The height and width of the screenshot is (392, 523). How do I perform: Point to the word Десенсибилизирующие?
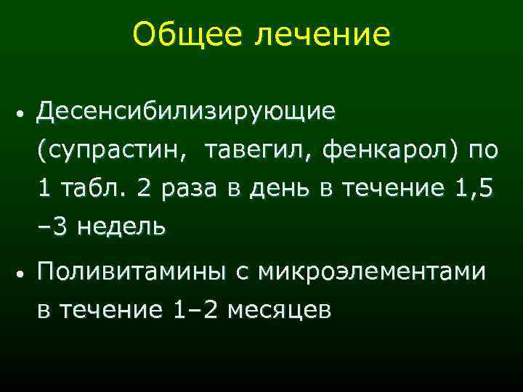point(187,112)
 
